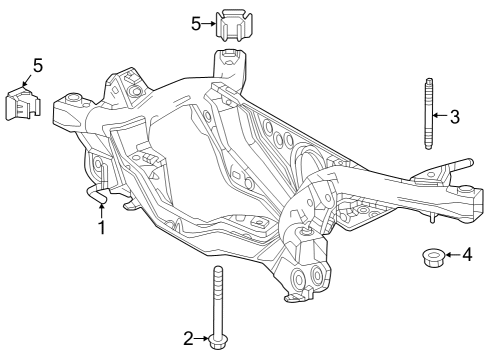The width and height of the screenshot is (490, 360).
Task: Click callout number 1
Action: pos(100,229)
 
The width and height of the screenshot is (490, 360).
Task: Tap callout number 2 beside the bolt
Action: pos(187,337)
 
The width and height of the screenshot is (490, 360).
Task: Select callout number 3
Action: pos(454,116)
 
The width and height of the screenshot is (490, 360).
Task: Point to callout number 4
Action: pos(466,255)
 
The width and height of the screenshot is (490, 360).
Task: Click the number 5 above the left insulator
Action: pos(37,66)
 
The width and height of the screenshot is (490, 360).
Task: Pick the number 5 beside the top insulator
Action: pos(196,21)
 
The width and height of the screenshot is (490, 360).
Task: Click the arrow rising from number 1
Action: pos(100,208)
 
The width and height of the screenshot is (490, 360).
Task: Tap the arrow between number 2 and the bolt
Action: pos(201,337)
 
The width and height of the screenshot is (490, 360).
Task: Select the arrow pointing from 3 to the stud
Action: pos(441,116)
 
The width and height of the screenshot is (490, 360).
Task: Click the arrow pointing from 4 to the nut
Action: pos(452,255)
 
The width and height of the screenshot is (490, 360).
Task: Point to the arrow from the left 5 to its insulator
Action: pos(27,81)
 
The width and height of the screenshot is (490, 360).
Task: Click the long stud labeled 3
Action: pos(427,111)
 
